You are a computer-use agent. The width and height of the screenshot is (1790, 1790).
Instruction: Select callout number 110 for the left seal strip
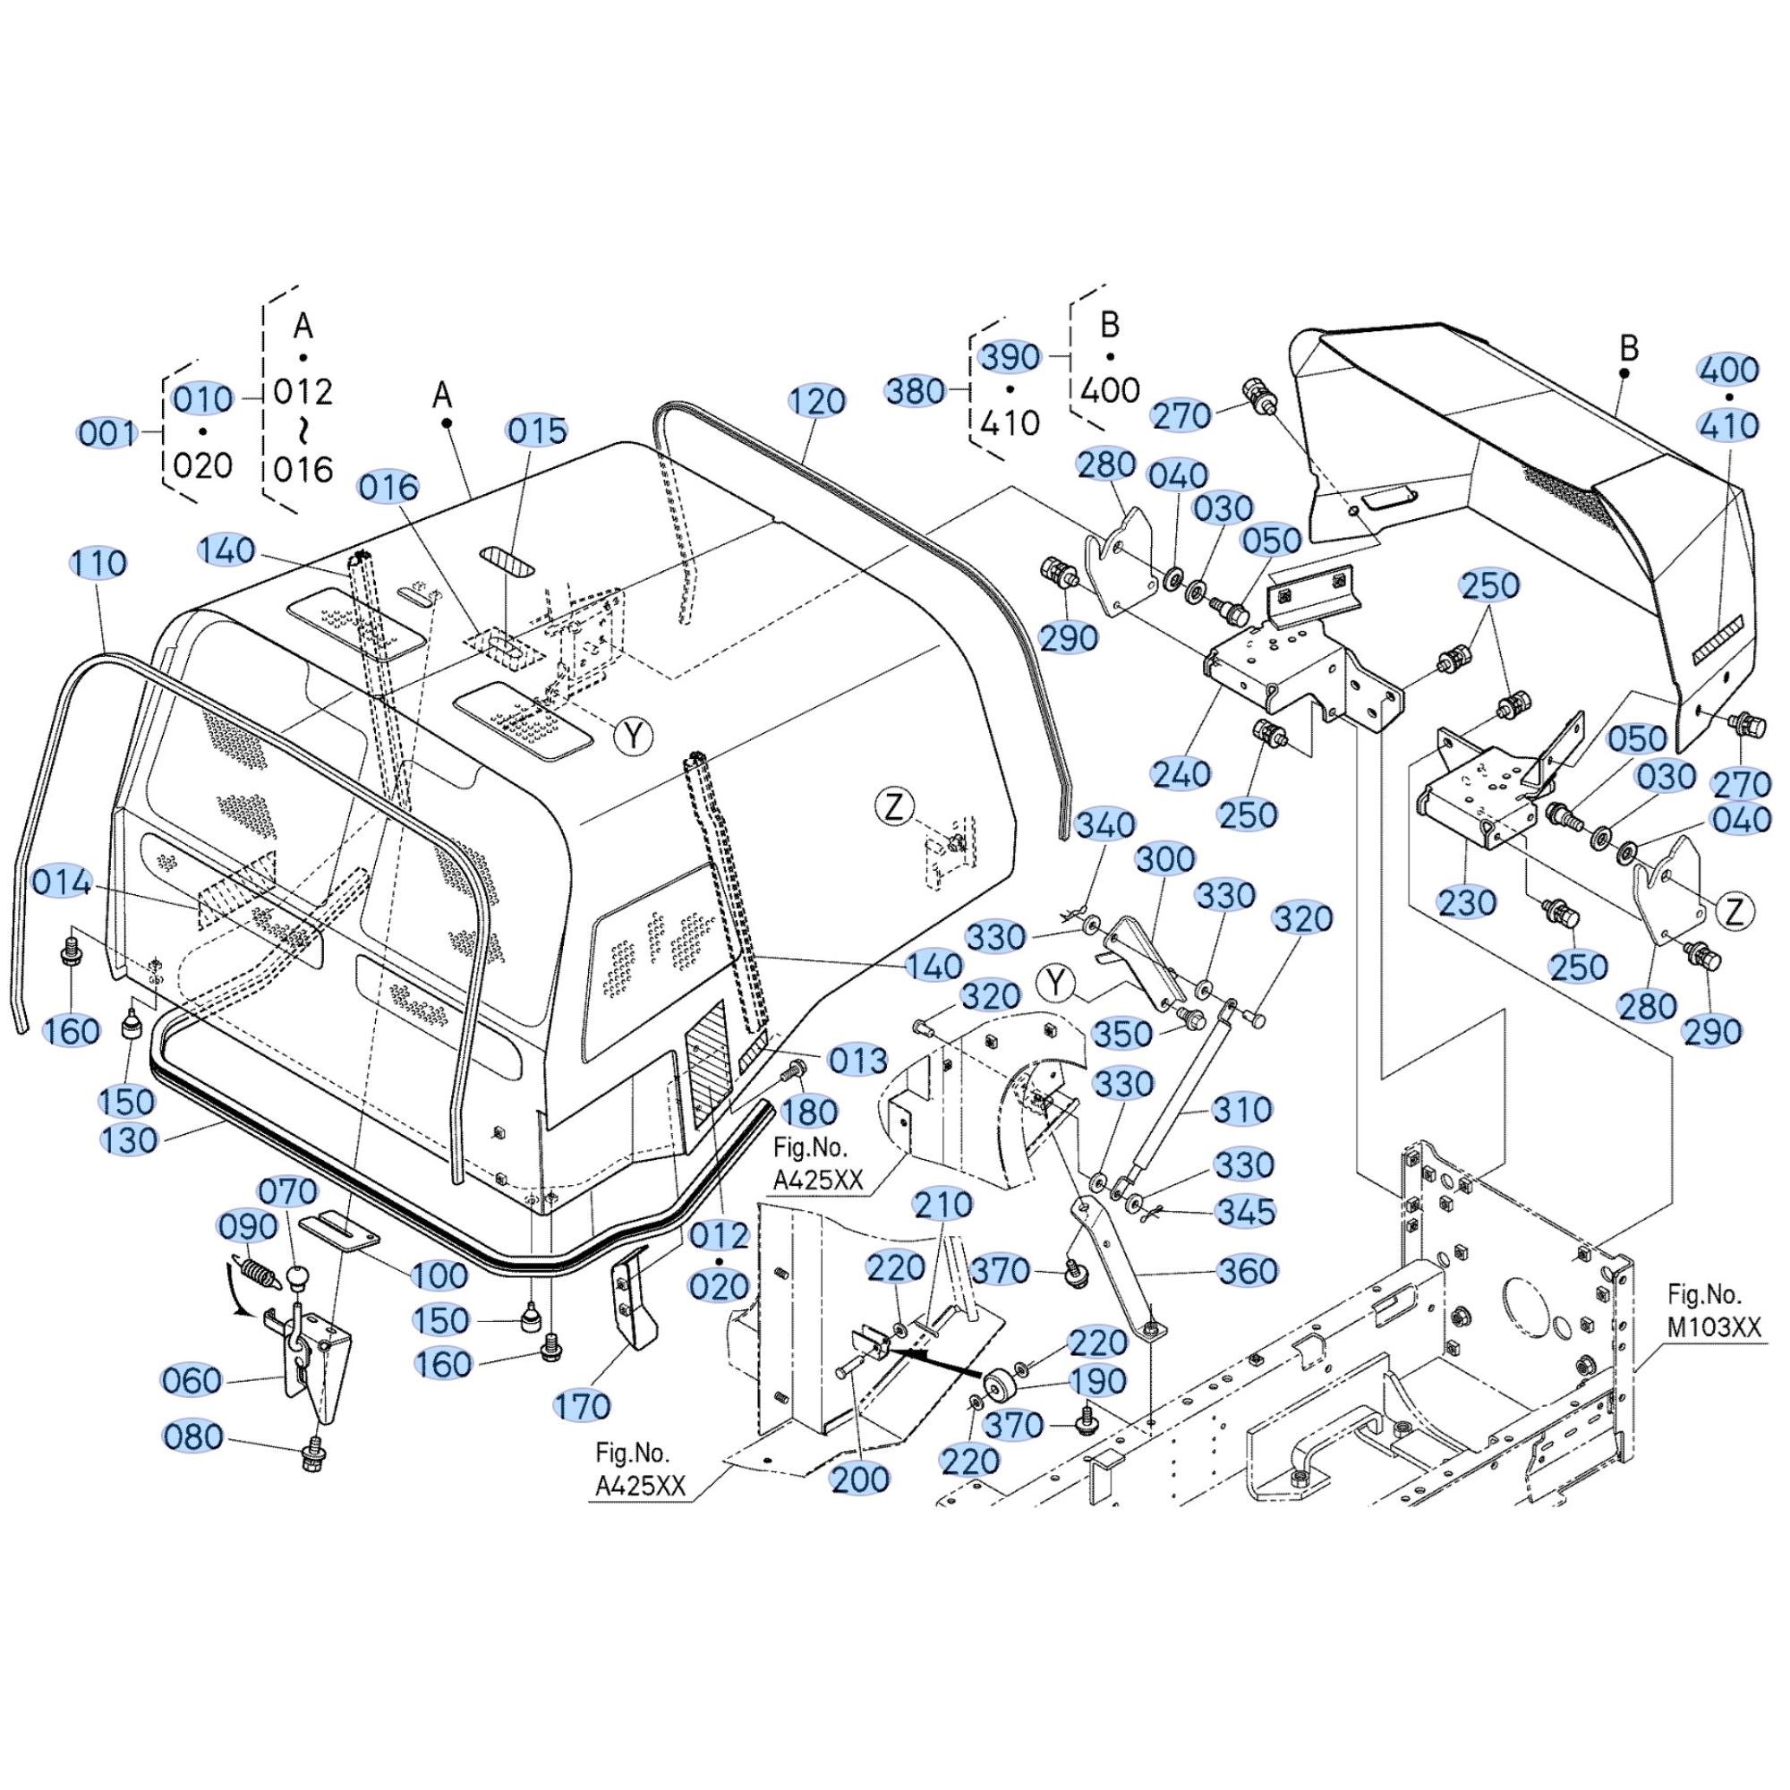[x=98, y=562]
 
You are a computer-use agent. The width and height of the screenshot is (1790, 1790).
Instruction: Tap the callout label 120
[x=816, y=401]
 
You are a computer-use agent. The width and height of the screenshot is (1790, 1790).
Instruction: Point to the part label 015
[x=537, y=430]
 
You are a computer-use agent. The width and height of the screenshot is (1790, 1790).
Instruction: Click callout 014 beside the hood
[x=62, y=882]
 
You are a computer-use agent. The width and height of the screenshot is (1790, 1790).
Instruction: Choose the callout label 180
[x=810, y=1111]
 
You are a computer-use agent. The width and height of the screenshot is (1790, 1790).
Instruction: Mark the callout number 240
[x=1181, y=772]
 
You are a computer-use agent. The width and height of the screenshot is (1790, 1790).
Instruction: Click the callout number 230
[x=1467, y=901]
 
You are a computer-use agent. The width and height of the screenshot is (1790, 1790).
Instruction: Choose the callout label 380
[x=916, y=391]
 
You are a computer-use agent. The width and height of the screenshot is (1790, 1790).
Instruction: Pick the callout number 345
[x=1244, y=1211]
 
